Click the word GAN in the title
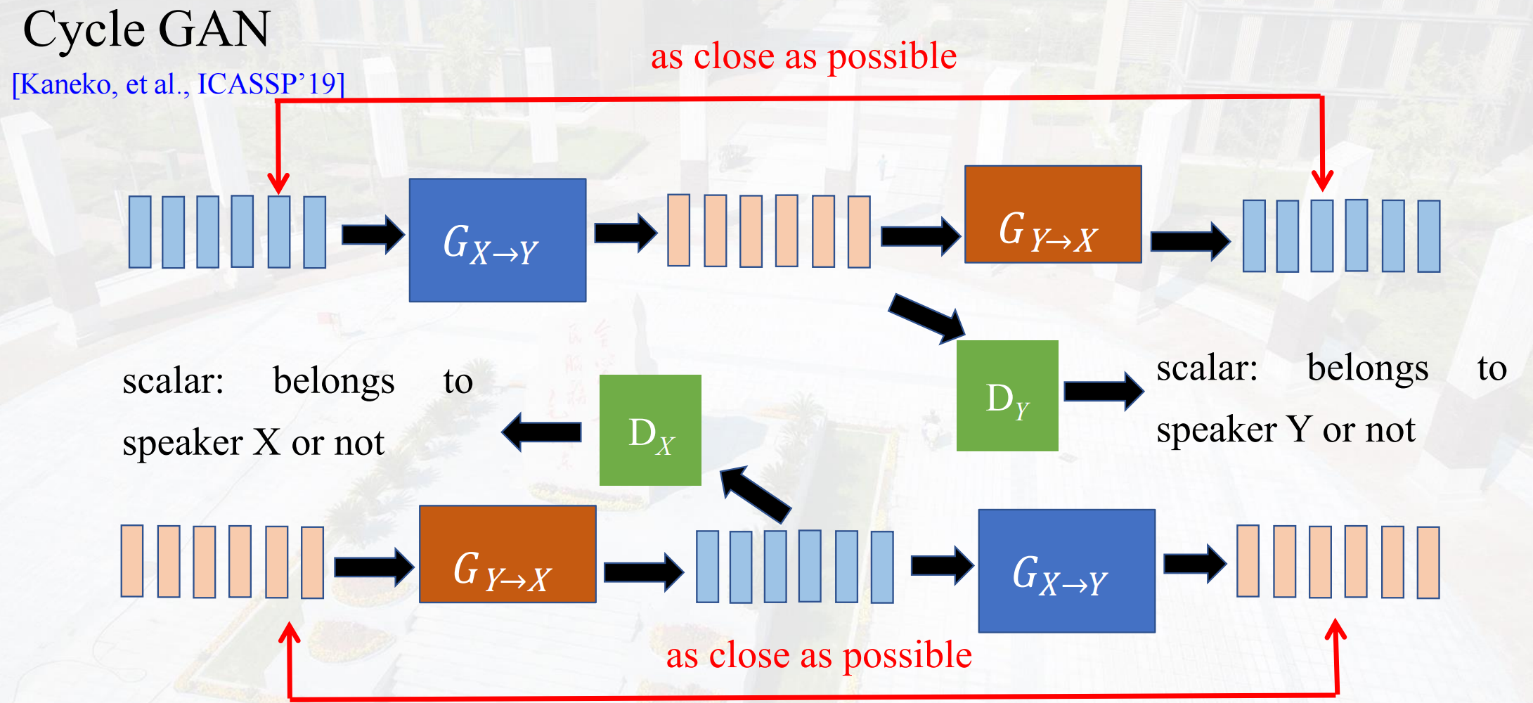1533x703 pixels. pyautogui.click(x=214, y=30)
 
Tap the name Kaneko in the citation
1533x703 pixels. pyautogui.click(x=66, y=84)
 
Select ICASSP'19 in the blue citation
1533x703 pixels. pyautogui.click(x=267, y=84)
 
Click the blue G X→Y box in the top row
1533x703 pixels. pyautogui.click(x=497, y=240)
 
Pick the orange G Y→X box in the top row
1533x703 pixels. pyautogui.click(x=1052, y=214)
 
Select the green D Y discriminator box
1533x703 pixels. pyautogui.click(x=1007, y=396)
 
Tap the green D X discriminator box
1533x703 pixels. pyautogui.click(x=650, y=430)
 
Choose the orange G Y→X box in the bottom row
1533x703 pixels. pyautogui.click(x=507, y=554)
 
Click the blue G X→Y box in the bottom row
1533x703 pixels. pyautogui.click(x=1066, y=571)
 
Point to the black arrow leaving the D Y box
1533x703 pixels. pyautogui.click(x=1103, y=391)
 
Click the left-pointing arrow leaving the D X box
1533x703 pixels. pyautogui.click(x=542, y=432)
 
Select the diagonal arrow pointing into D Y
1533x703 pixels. pyautogui.click(x=928, y=318)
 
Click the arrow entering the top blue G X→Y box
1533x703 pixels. pyautogui.click(x=373, y=234)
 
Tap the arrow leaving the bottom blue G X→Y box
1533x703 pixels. pyautogui.click(x=1194, y=563)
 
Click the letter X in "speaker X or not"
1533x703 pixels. pyautogui.click(x=267, y=443)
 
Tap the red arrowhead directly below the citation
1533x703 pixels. pyautogui.click(x=279, y=182)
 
